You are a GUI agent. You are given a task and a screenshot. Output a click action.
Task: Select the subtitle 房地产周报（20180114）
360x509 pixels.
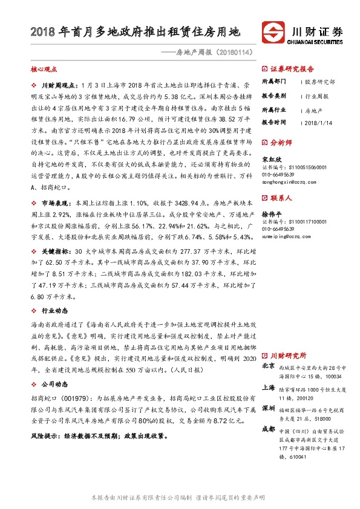click(x=212, y=53)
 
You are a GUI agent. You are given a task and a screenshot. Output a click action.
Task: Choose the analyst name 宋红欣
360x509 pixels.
click(x=270, y=160)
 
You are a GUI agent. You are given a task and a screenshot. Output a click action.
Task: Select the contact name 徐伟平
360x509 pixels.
click(x=270, y=214)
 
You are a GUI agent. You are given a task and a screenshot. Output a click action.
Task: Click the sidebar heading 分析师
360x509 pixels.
click(x=280, y=144)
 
